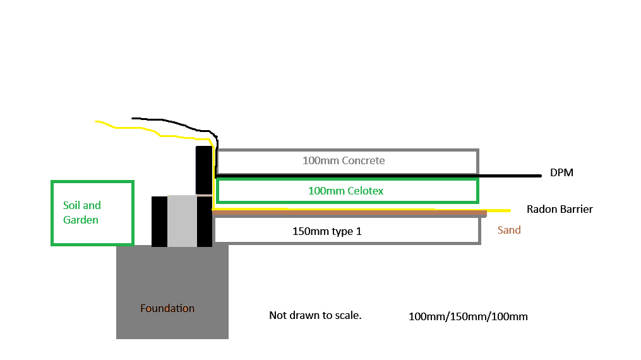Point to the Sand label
pyautogui.click(x=509, y=230)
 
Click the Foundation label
pyautogui.click(x=167, y=308)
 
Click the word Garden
pyautogui.click(x=81, y=220)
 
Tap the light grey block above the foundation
pyautogui.click(x=182, y=220)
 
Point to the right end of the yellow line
pyautogui.click(x=510, y=210)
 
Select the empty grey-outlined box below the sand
pyautogui.click(x=348, y=231)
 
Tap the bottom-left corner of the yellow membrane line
pyautogui.click(x=213, y=209)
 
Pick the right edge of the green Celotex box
pyautogui.click(x=478, y=190)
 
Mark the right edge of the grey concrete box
pyautogui.click(x=478, y=161)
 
